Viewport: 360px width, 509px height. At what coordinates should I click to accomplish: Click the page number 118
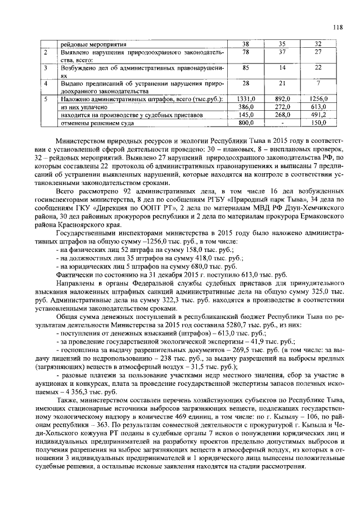[337, 27]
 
